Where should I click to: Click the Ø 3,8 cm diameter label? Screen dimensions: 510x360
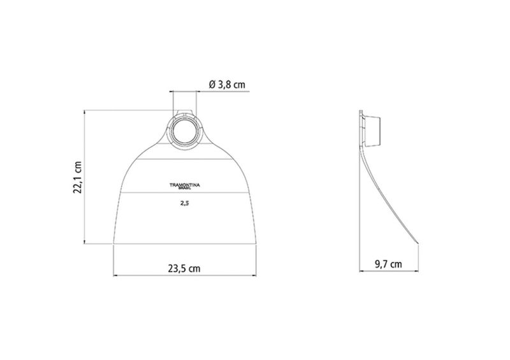[227, 85]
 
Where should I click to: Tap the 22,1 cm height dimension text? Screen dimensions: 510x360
[77, 177]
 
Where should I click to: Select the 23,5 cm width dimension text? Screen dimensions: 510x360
[184, 269]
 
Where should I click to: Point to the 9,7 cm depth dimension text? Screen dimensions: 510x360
[388, 264]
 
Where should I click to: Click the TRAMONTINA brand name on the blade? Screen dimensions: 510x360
[185, 185]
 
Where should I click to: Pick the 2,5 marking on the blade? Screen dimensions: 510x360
[185, 204]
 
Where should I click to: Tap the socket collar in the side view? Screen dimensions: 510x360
[373, 131]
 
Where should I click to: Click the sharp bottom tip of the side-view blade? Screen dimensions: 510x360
[418, 244]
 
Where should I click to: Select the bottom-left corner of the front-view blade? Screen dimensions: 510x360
[113, 243]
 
